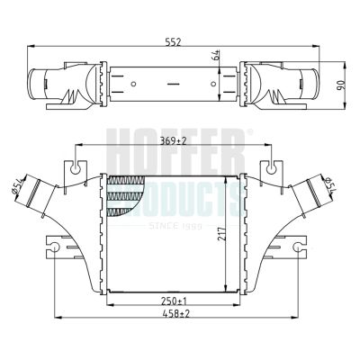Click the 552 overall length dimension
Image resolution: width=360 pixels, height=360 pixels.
pos(174,42)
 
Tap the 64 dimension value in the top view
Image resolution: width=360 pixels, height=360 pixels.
pos(217,55)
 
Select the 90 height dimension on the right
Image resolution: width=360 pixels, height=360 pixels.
pos(342,85)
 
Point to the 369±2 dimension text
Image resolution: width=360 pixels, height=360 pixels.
pos(173,140)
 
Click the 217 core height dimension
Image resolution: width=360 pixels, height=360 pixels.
pos(221,234)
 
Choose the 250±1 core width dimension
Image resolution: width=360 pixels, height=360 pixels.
pos(174,301)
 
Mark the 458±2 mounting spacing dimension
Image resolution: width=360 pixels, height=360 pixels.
pos(176,314)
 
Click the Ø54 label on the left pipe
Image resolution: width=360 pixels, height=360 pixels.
pos(17,186)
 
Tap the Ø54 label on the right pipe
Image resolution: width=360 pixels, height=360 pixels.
pos(330,184)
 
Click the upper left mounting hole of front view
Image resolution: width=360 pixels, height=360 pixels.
pos(76,169)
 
